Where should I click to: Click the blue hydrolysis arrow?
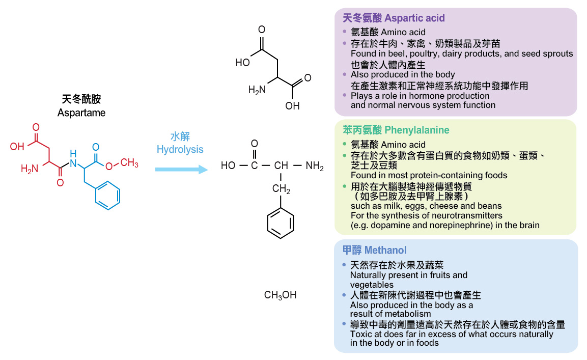pos(181,169)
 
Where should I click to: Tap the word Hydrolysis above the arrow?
pos(180,149)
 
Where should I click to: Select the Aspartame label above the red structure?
pos(81,113)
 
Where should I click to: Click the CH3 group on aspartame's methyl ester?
pos(129,163)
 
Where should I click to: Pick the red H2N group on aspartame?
pos(30,169)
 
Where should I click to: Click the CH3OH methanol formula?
pos(280,295)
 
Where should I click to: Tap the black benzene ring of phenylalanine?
pos(281,223)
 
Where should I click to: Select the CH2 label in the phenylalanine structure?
pos(281,190)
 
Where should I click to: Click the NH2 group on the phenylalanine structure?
pos(315,166)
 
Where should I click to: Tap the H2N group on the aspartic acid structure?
pos(257,90)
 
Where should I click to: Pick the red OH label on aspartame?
pos(17,147)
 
